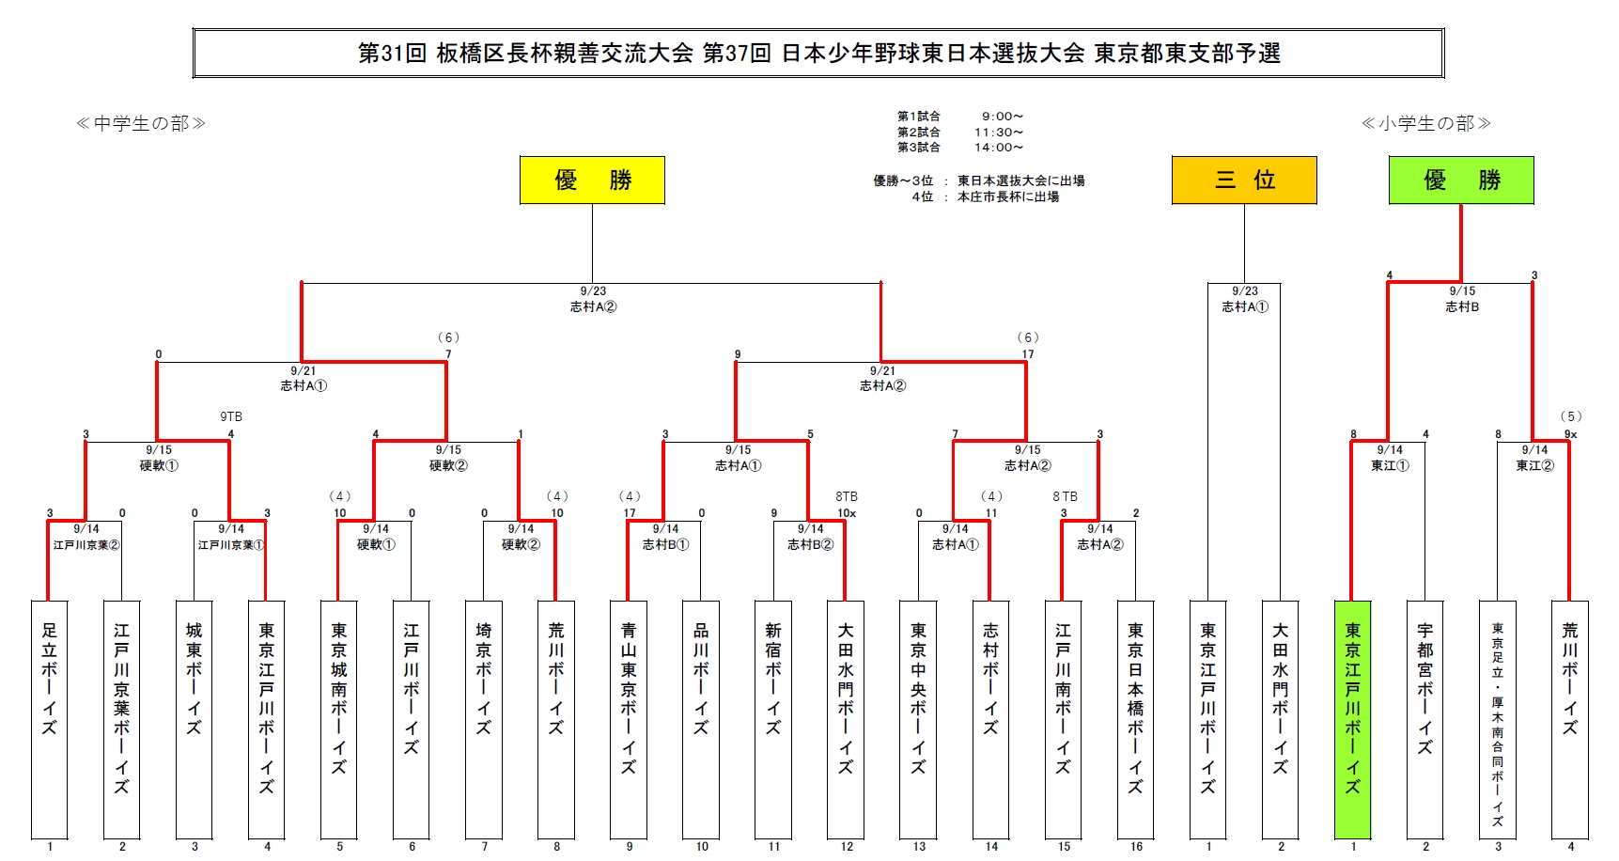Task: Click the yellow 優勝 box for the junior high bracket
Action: (x=592, y=180)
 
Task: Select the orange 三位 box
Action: (x=1244, y=180)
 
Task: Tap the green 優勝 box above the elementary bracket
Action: (x=1461, y=180)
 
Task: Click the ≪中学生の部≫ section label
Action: (x=141, y=123)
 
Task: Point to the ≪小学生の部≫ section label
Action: (x=1426, y=123)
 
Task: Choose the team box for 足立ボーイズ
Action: (x=50, y=719)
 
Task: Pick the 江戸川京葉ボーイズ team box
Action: (x=122, y=719)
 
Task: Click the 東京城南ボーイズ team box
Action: (x=339, y=719)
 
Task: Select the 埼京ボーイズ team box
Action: (x=484, y=719)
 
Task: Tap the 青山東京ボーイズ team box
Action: (x=629, y=719)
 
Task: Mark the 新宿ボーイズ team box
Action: (x=773, y=719)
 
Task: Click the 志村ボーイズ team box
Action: (x=990, y=719)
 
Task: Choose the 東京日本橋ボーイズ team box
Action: (x=1135, y=719)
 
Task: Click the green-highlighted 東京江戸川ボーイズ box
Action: (x=1352, y=719)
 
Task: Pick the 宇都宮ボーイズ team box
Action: (x=1424, y=719)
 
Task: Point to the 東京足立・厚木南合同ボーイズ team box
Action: (x=1497, y=719)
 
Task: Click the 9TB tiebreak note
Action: (x=231, y=416)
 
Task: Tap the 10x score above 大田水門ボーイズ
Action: (x=847, y=513)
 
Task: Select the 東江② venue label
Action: (x=1534, y=465)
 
